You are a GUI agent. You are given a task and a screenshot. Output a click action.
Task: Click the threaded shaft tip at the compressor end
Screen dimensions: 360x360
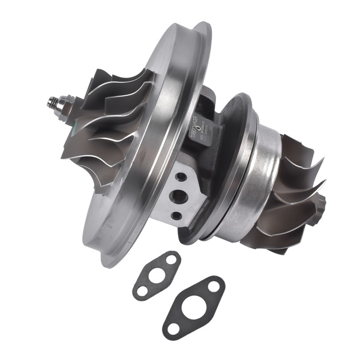47,101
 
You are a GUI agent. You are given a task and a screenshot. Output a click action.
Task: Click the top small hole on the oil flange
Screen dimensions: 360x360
179,177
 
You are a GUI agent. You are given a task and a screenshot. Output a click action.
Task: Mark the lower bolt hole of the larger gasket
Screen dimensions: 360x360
173,328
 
